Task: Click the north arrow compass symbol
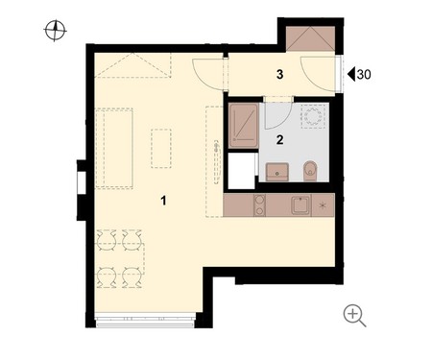(x=55, y=31)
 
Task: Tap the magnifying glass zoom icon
(x=354, y=316)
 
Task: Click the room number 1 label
(x=163, y=201)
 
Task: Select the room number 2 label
(x=279, y=140)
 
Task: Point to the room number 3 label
(x=279, y=74)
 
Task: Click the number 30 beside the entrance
(x=364, y=74)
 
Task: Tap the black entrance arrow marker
(x=351, y=74)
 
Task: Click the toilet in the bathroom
(x=310, y=171)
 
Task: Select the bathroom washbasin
(x=277, y=172)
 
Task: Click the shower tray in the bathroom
(x=244, y=126)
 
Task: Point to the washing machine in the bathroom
(x=313, y=116)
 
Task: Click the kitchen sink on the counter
(x=300, y=204)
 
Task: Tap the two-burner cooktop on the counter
(x=259, y=204)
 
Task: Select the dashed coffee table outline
(x=161, y=149)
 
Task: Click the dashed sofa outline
(x=114, y=149)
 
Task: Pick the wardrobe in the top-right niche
(x=310, y=38)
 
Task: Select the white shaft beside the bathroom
(x=241, y=171)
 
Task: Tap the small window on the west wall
(x=82, y=182)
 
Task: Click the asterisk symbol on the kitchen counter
(x=323, y=205)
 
